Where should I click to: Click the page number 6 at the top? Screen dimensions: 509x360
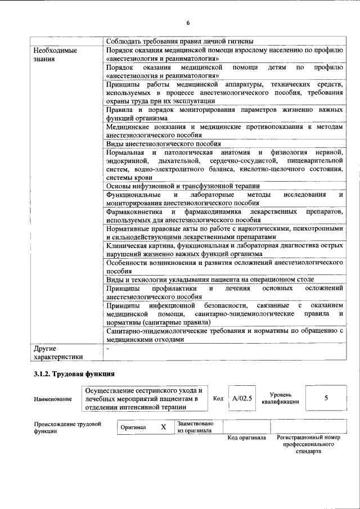tap(188, 22)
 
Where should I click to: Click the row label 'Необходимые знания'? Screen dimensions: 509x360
tap(55, 54)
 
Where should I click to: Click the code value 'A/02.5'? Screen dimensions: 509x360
tap(242, 399)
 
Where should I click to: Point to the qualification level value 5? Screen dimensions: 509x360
tap(326, 398)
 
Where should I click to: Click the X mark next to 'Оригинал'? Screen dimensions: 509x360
tap(163, 427)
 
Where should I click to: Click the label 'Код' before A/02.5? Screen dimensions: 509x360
tap(219, 399)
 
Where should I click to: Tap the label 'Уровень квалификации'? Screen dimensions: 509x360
tap(280, 399)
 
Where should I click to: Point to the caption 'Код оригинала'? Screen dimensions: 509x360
tap(246, 438)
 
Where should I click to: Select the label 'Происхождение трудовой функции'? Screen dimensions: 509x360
tap(67, 427)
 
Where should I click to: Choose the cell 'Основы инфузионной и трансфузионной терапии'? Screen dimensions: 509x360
tap(182, 186)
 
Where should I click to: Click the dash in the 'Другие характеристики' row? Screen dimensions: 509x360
tap(108, 349)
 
